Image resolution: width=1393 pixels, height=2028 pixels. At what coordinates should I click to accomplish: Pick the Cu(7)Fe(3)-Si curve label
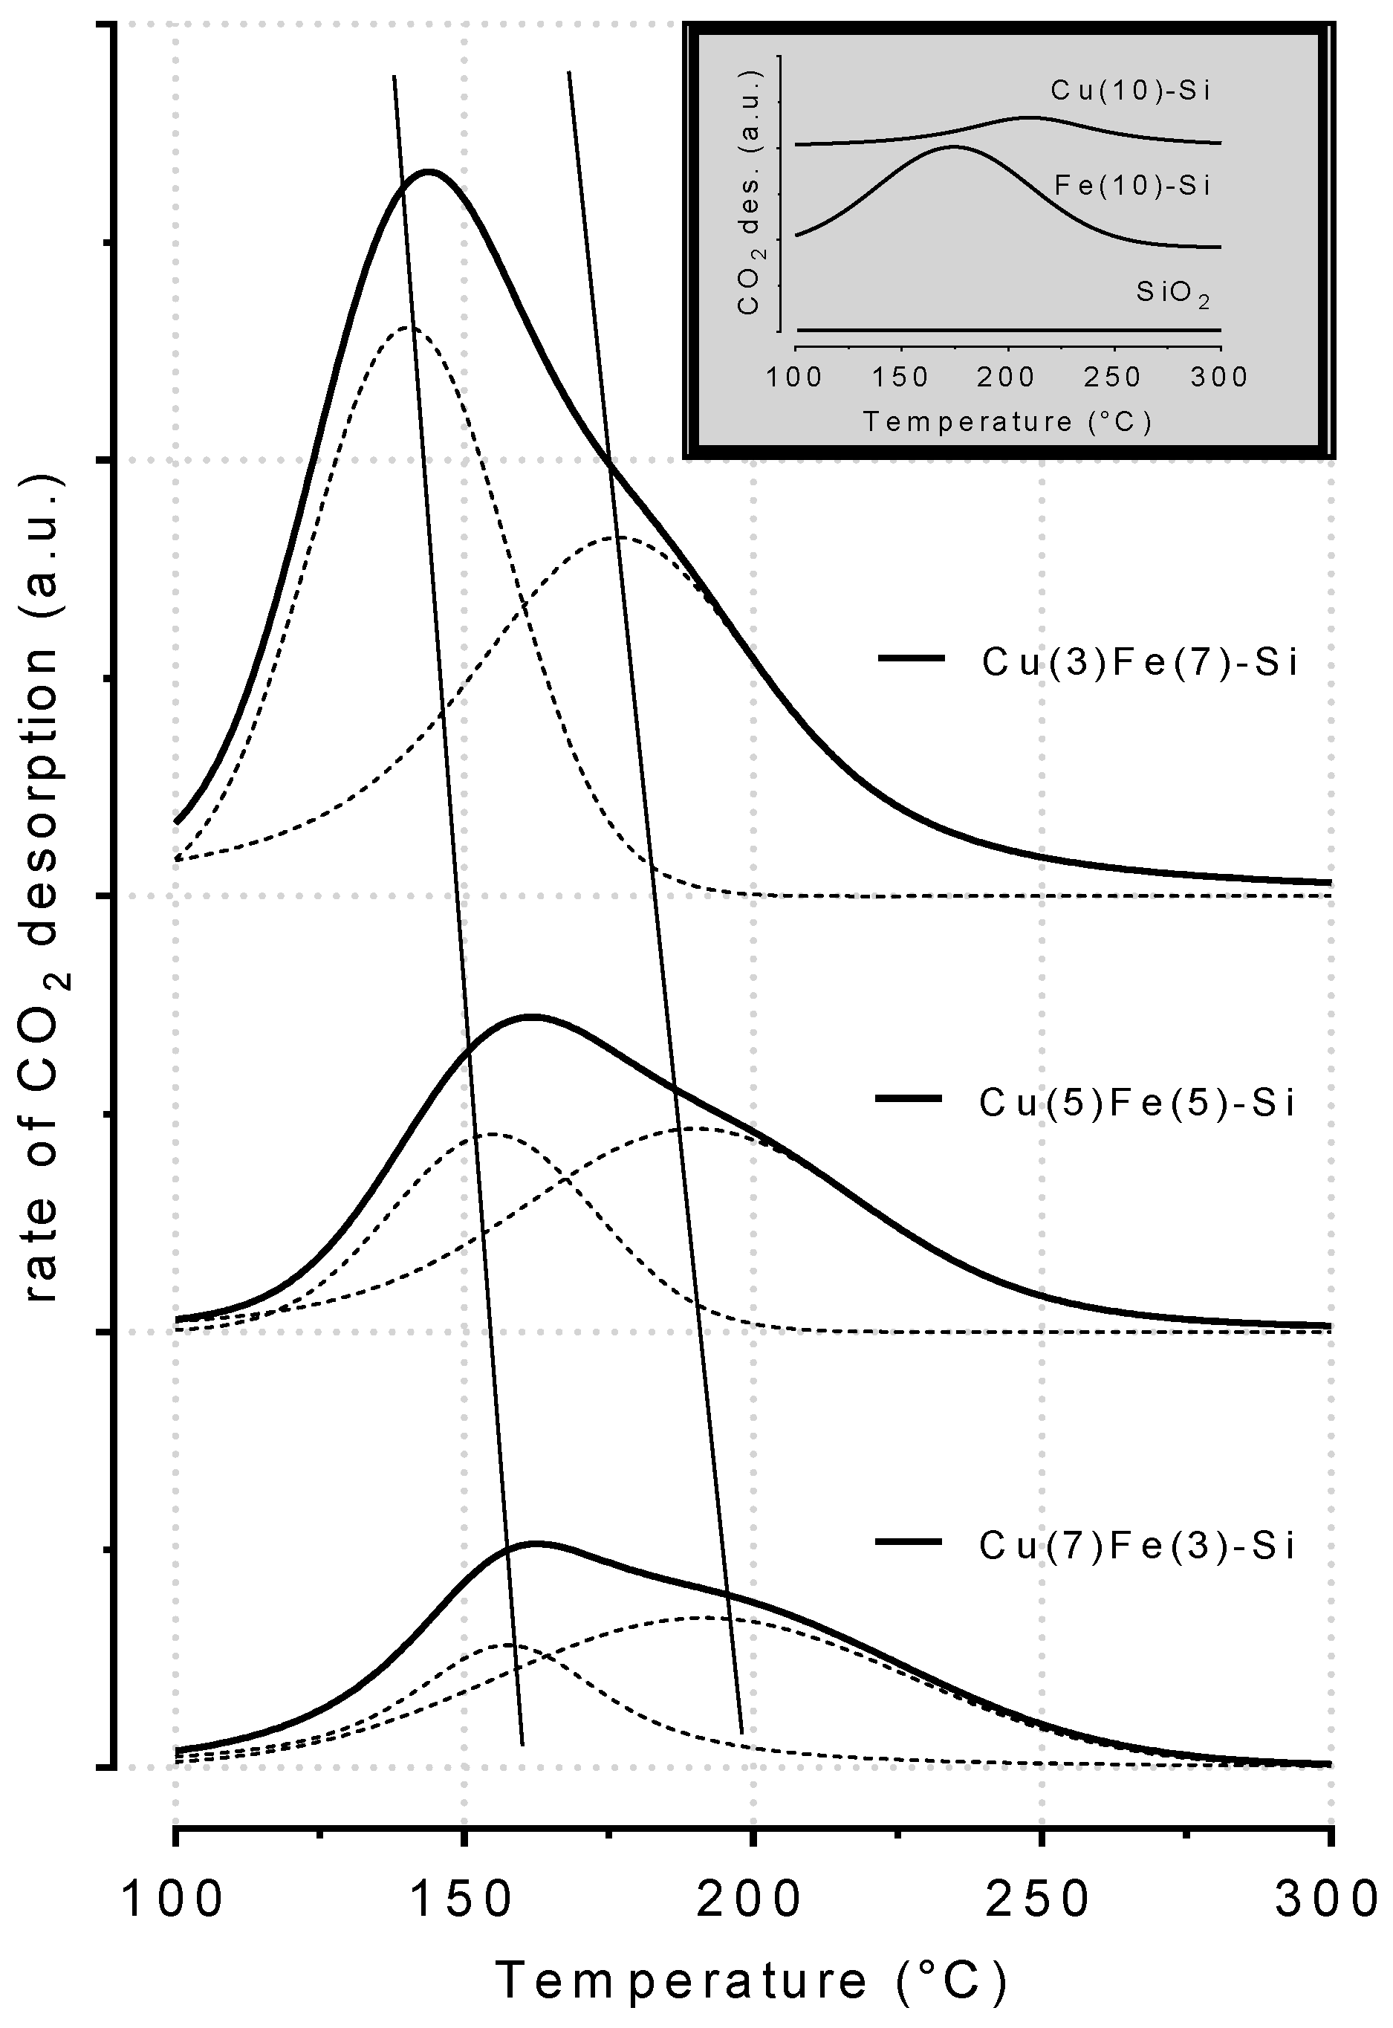1137,1545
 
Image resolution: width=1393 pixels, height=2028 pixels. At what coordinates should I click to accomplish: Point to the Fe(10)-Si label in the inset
1133,185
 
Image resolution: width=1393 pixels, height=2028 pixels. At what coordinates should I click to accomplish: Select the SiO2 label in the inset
1173,294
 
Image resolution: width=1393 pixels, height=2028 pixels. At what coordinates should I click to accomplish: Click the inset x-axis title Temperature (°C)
1008,423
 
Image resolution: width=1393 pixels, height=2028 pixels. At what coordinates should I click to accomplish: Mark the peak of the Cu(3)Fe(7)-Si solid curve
428,171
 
